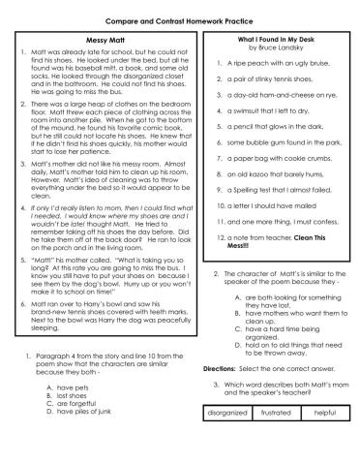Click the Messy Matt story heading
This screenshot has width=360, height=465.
(x=94, y=40)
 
